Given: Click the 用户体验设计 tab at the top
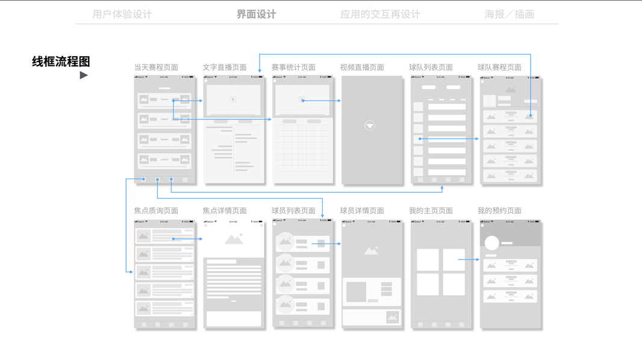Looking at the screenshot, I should (122, 14).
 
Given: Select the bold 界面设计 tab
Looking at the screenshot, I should (256, 14).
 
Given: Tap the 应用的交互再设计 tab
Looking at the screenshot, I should (380, 14).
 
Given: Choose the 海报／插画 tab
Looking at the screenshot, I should (510, 14).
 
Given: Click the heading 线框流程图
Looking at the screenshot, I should (61, 61).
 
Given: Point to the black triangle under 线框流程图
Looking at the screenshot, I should (84, 75).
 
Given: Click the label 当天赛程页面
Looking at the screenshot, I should (156, 68).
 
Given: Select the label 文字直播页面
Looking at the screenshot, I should (225, 68).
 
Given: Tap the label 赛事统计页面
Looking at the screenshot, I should (293, 68).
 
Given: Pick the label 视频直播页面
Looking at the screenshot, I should (362, 68).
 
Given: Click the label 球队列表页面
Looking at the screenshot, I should (431, 68).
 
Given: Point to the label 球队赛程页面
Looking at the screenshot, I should (499, 68).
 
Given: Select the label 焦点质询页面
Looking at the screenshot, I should (156, 211).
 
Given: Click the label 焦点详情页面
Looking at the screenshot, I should (225, 211).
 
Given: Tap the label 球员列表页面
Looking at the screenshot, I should (293, 211).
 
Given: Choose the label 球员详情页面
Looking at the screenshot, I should (362, 211).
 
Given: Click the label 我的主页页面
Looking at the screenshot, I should (431, 211).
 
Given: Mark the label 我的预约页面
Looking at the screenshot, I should (499, 211).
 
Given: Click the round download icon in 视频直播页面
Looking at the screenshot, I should (370, 125).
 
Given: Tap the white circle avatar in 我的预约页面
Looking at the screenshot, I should (492, 243).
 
